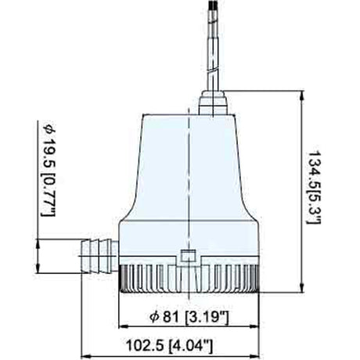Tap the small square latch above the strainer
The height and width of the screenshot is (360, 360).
pyautogui.click(x=187, y=254)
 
